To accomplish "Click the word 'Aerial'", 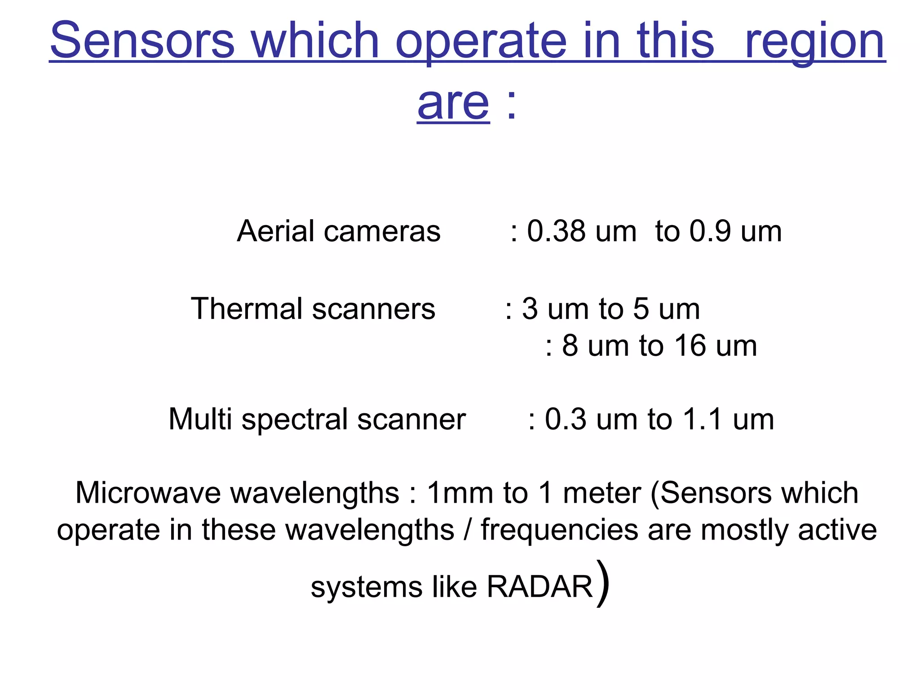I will click(x=275, y=231).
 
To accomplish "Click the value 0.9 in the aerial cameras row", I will click(x=710, y=231).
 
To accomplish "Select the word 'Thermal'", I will click(x=247, y=309).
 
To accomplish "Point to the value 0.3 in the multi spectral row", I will click(x=566, y=419).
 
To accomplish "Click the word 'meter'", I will click(x=602, y=493).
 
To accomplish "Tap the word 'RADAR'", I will click(x=540, y=586).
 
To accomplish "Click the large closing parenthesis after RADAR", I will click(x=603, y=583).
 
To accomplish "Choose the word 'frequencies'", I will click(x=559, y=530).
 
